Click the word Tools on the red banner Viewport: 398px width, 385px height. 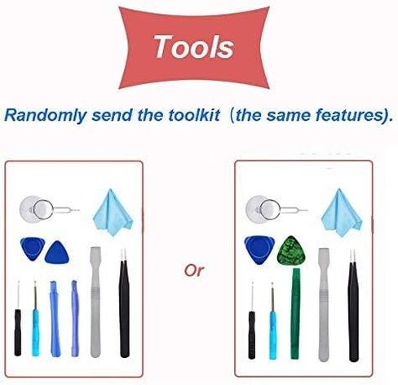point(194,46)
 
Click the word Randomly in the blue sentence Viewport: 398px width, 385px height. point(45,115)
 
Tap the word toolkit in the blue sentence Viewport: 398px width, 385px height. point(194,115)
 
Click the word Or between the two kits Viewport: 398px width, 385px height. point(194,270)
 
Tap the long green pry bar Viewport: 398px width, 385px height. point(295,313)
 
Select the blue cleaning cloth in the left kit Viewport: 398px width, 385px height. point(113,212)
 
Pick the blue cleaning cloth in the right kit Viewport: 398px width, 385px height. point(342,212)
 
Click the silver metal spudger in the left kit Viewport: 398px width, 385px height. point(95,302)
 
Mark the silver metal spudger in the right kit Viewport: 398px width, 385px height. point(324,304)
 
